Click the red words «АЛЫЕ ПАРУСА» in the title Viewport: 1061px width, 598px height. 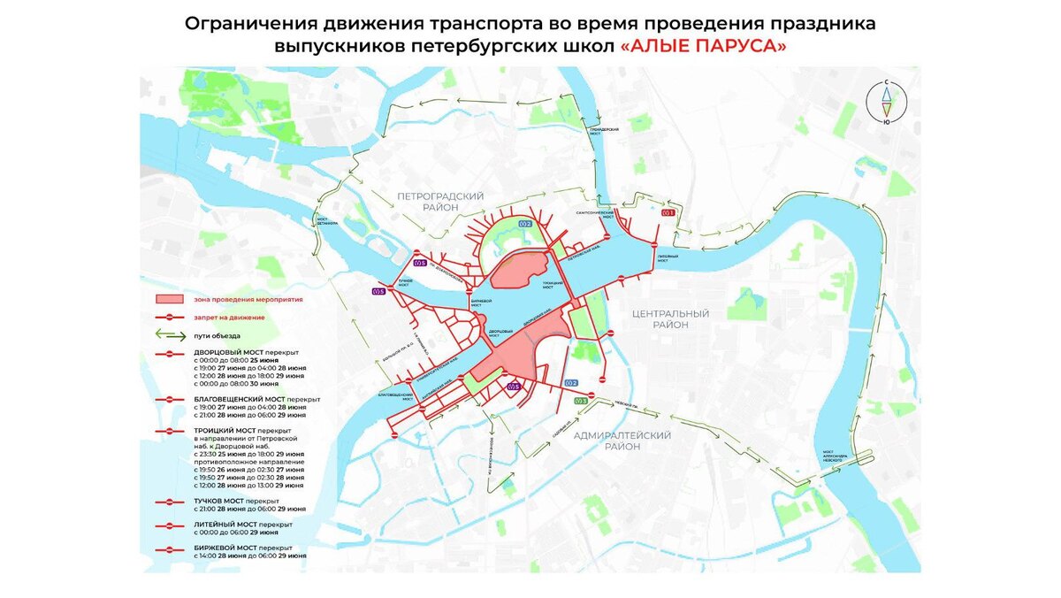[x=703, y=46]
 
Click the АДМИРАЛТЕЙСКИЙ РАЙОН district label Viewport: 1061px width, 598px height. [x=622, y=441]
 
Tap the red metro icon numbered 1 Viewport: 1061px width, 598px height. [x=668, y=212]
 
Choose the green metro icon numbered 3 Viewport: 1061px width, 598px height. [x=579, y=402]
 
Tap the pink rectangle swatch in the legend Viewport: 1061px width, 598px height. [x=169, y=300]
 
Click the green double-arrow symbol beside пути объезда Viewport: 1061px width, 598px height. [x=169, y=335]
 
